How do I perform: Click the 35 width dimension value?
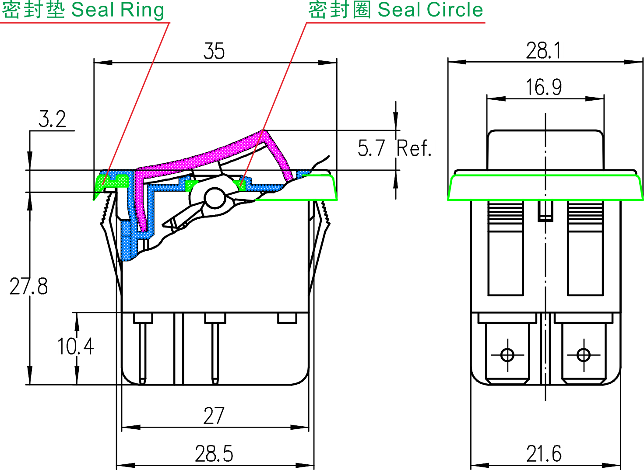[214, 51]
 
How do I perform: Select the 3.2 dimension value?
[52, 119]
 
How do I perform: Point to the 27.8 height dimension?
[28, 287]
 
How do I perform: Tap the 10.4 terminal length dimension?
[75, 346]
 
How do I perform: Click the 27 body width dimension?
[214, 416]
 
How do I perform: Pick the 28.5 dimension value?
[214, 454]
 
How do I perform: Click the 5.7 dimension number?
[371, 148]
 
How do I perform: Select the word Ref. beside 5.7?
[414, 148]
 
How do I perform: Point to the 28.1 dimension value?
[543, 51]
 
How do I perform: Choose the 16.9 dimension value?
[544, 87]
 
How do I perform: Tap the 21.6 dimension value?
[544, 454]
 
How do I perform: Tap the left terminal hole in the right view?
[507, 354]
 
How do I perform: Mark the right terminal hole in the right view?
[584, 354]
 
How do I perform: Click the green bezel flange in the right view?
[545, 187]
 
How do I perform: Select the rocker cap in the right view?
[545, 149]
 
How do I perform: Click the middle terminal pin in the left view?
[215, 350]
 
